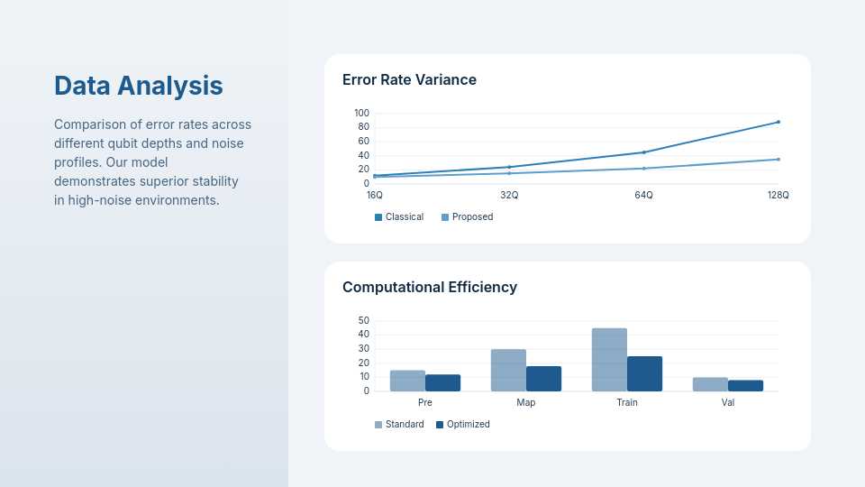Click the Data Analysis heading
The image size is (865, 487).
tap(139, 86)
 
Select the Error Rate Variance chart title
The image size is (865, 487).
tap(409, 79)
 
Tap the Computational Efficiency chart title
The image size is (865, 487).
tap(430, 287)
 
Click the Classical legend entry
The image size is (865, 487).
tap(399, 216)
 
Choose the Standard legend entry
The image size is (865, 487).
tap(399, 424)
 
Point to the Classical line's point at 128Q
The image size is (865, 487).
tap(778, 122)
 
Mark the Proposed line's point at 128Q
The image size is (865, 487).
tap(778, 160)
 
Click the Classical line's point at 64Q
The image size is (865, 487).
tap(643, 152)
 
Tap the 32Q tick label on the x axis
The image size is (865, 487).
tap(509, 195)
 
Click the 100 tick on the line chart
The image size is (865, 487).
tap(361, 113)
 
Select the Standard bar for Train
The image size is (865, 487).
tap(609, 360)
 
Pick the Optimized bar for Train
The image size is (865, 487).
tap(644, 373)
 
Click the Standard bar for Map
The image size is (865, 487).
tap(508, 370)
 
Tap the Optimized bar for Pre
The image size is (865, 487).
tap(442, 382)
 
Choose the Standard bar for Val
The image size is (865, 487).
tap(710, 384)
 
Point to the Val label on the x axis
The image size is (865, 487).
tap(728, 402)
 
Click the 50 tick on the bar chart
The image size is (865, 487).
tap(364, 320)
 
